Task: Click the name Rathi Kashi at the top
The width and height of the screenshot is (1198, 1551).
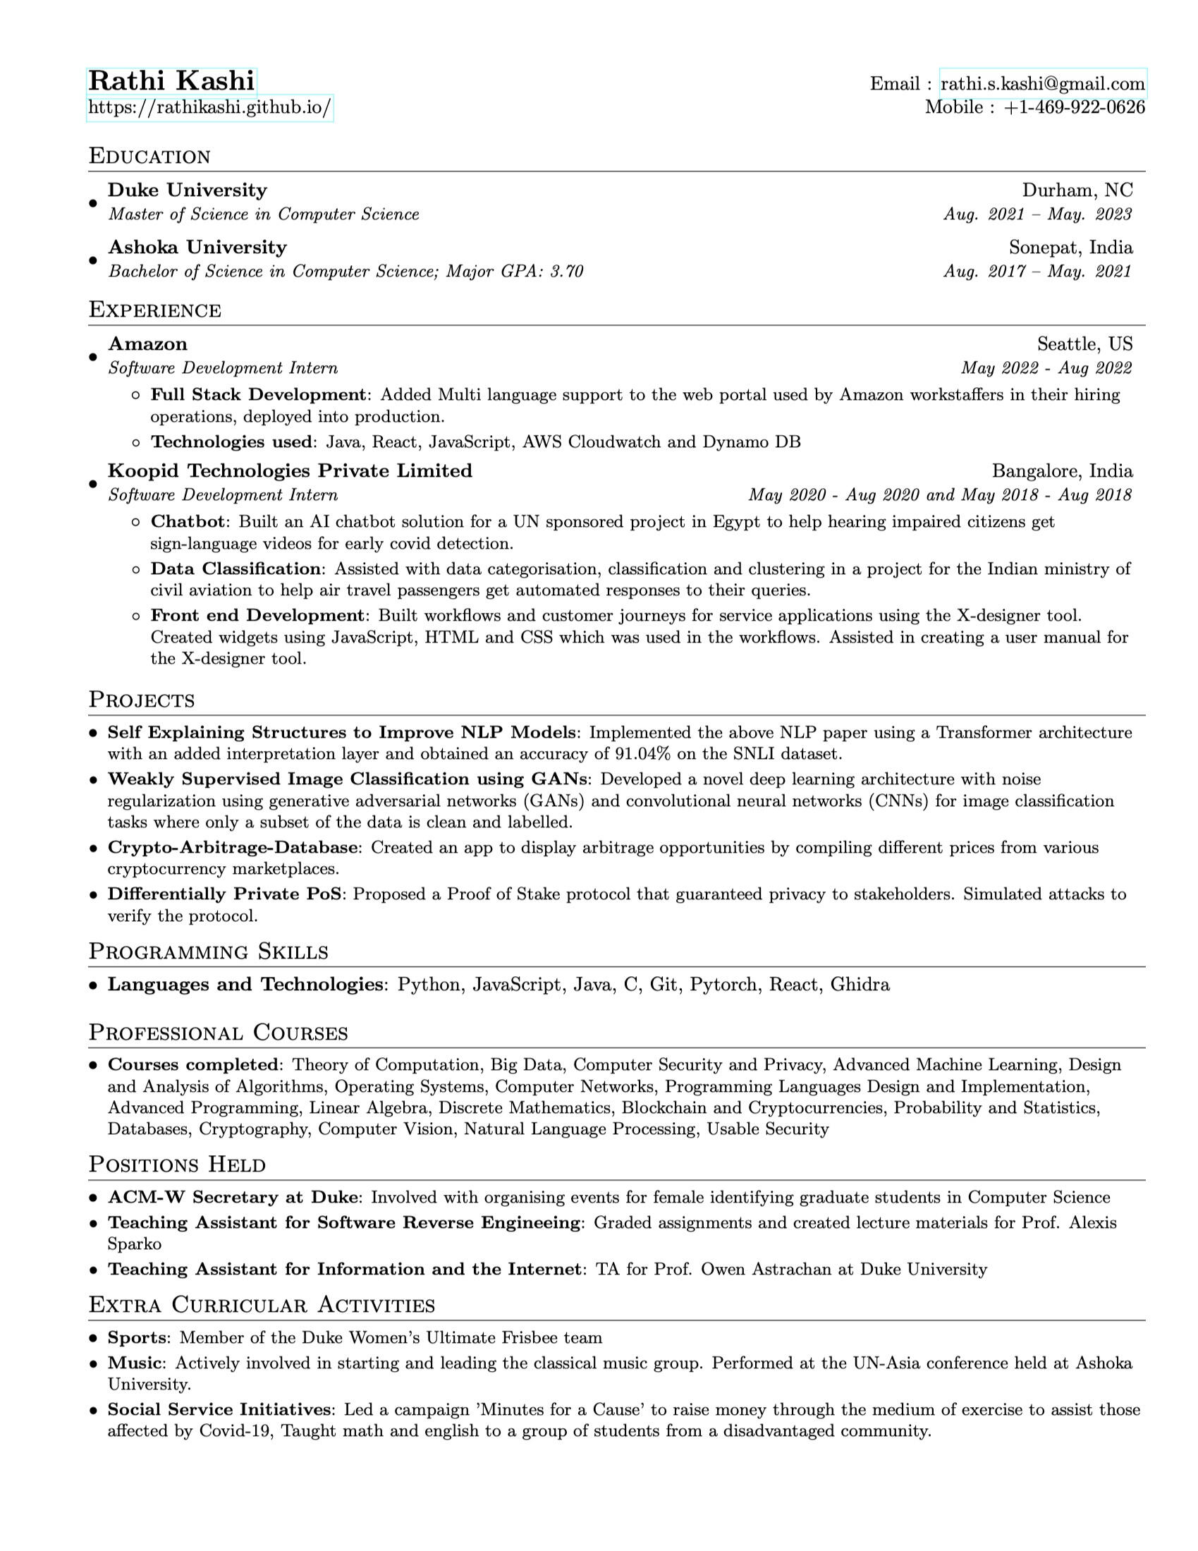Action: pyautogui.click(x=171, y=81)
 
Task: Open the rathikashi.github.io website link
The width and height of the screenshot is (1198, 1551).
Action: pyautogui.click(x=209, y=108)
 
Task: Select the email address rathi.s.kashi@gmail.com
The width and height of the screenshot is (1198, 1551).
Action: pyautogui.click(x=1041, y=84)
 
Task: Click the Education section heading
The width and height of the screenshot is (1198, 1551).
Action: pyautogui.click(x=149, y=157)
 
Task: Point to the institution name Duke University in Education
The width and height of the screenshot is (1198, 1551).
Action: pyautogui.click(x=188, y=190)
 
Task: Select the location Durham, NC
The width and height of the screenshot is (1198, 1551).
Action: pyautogui.click(x=1077, y=190)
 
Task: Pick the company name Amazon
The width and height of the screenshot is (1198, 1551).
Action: pyautogui.click(x=147, y=343)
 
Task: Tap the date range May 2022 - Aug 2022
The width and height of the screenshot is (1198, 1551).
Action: pyautogui.click(x=1045, y=368)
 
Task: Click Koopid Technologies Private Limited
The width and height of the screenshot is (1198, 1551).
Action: pyautogui.click(x=290, y=471)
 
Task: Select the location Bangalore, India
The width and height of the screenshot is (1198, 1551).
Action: pyautogui.click(x=1062, y=471)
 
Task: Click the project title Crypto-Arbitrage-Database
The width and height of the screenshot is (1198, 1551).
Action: pyautogui.click(x=232, y=847)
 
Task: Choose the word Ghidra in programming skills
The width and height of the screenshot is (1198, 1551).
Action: pyautogui.click(x=860, y=985)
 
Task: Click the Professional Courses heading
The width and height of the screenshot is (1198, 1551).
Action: pyautogui.click(x=218, y=1033)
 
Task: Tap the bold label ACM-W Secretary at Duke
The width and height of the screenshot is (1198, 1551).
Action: pyautogui.click(x=232, y=1198)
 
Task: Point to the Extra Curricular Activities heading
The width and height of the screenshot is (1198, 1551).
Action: pyautogui.click(x=262, y=1306)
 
